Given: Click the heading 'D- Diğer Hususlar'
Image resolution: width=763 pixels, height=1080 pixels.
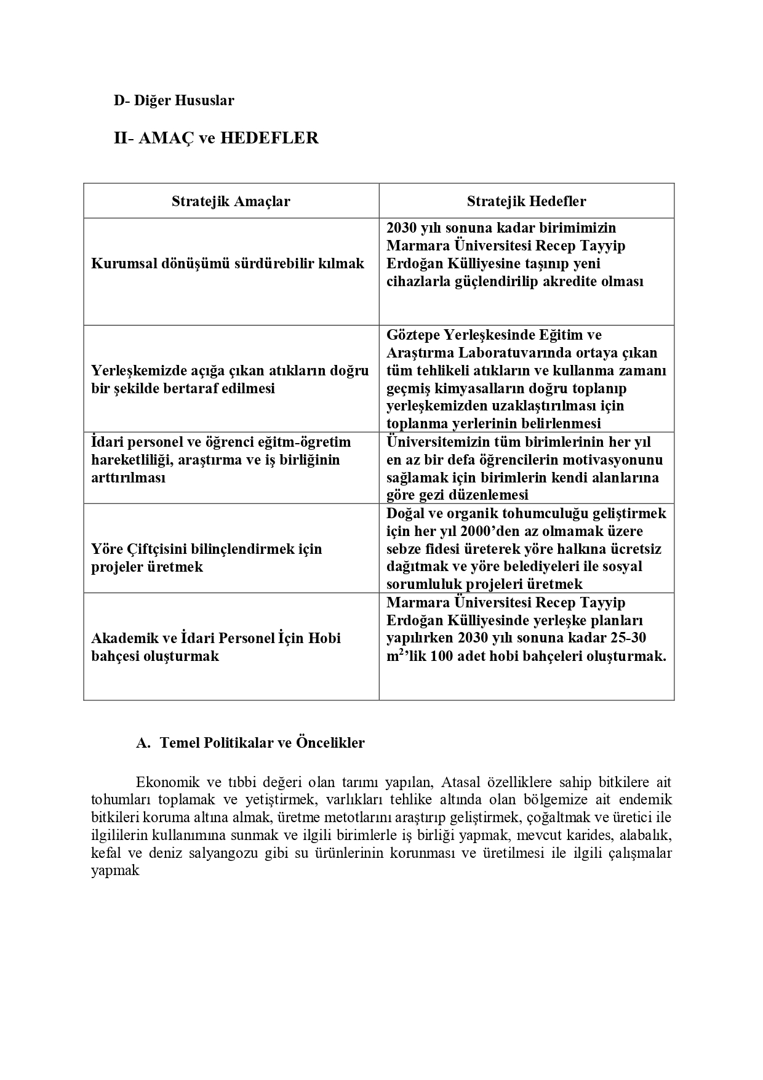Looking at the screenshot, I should coord(174,101).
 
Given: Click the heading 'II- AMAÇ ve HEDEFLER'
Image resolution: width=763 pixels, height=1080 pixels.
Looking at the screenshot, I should coord(216,138).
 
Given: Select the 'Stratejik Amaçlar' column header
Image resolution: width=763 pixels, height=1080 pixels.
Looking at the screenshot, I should coord(231,201).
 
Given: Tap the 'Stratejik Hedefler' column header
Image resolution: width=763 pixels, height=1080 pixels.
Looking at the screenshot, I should coord(526,201).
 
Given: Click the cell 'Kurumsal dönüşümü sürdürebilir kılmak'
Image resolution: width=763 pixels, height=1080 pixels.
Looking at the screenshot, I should coord(228,263).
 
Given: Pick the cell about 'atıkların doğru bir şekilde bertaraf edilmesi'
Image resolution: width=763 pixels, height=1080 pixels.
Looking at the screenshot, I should coord(230,379).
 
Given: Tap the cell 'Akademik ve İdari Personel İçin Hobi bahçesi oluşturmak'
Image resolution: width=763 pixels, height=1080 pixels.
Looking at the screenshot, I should coord(216,647).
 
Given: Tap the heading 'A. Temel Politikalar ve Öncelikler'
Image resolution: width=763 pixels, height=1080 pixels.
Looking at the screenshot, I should coord(250,743).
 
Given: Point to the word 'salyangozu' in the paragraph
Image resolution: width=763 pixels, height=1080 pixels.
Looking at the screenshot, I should coord(214,854).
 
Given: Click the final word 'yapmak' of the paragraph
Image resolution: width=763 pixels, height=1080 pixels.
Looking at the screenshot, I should coord(115,871).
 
